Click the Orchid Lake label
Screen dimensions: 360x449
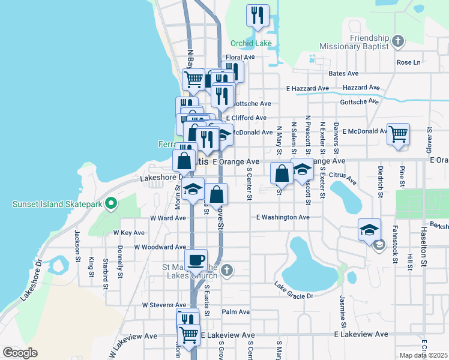pos(252,43)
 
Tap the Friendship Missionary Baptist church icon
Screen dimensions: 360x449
pos(397,41)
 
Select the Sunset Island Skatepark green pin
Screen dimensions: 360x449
pos(110,204)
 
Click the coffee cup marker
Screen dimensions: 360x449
pos(196,261)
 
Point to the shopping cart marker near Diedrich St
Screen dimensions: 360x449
pos(399,135)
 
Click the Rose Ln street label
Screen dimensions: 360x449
pos(408,62)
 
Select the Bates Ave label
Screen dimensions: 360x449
pos(343,73)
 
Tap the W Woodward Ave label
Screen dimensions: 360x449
pos(160,247)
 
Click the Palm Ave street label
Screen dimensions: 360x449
pos(235,312)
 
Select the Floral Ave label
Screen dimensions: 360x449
pos(240,58)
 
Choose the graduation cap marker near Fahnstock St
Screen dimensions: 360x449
pos(369,230)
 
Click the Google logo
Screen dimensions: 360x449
pos(20,353)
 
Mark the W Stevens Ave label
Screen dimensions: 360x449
pos(164,305)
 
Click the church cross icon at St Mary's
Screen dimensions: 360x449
pos(226,271)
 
